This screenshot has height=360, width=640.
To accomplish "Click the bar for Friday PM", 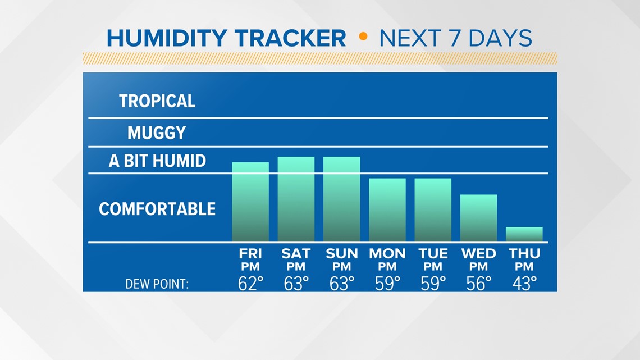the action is coord(250,202).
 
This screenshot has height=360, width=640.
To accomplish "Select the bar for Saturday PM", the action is coord(296,199).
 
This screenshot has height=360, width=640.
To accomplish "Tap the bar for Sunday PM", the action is coord(342,199).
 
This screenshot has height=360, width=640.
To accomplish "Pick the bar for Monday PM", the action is coord(387,210).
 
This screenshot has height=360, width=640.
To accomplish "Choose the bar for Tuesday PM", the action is coord(433,210).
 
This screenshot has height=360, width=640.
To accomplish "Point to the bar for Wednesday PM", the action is coord(478,218).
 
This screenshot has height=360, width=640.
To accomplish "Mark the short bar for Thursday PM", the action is coord(524,234).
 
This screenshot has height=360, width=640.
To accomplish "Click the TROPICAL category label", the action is coord(157,101).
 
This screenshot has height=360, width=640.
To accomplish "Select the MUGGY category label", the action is coord(157,133).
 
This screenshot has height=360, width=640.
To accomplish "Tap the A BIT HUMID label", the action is coord(157,161).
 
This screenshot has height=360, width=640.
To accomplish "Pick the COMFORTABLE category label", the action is coord(157,209).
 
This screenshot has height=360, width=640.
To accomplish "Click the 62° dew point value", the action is coord(250,284).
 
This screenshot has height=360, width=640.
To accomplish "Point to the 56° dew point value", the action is coord(479,284).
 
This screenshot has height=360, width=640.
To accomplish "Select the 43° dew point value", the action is coord(524,284).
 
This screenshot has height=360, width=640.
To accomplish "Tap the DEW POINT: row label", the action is coord(157,284).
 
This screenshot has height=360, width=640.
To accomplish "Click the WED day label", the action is coord(478,253).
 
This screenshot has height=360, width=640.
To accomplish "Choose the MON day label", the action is coord(387,253).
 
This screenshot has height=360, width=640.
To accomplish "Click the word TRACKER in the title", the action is coord(290,38).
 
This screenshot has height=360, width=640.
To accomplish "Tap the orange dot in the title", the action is coord(363,37).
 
